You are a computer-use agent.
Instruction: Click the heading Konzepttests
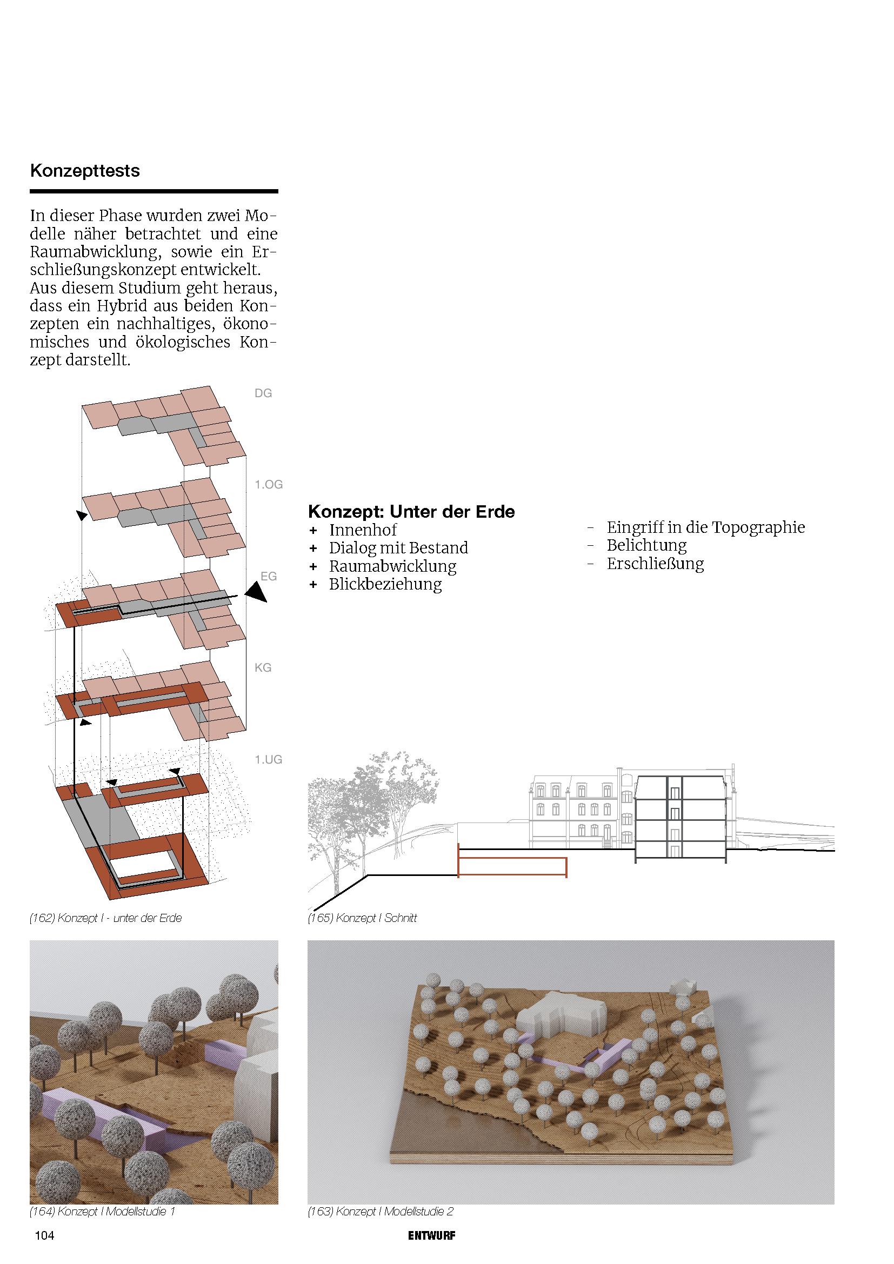pyautogui.click(x=85, y=171)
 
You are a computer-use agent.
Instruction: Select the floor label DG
pyautogui.click(x=263, y=393)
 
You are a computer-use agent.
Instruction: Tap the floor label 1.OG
pyautogui.click(x=268, y=484)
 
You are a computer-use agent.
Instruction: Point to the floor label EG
pyautogui.click(x=268, y=577)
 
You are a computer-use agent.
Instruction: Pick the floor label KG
pyautogui.click(x=263, y=668)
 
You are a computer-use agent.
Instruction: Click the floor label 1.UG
pyautogui.click(x=268, y=760)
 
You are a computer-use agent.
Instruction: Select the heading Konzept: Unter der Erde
pyautogui.click(x=411, y=511)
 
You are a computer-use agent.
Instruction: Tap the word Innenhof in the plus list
pyautogui.click(x=363, y=530)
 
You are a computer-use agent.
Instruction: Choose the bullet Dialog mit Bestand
pyautogui.click(x=398, y=548)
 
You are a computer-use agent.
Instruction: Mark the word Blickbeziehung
pyautogui.click(x=385, y=584)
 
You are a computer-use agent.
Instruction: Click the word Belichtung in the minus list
pyautogui.click(x=647, y=546)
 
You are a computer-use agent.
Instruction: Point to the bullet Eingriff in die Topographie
pyautogui.click(x=706, y=527)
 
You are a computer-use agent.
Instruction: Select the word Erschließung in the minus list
pyautogui.click(x=655, y=564)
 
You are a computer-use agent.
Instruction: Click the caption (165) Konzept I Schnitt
pyautogui.click(x=362, y=918)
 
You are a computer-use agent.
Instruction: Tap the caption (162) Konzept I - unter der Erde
pyautogui.click(x=106, y=918)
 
